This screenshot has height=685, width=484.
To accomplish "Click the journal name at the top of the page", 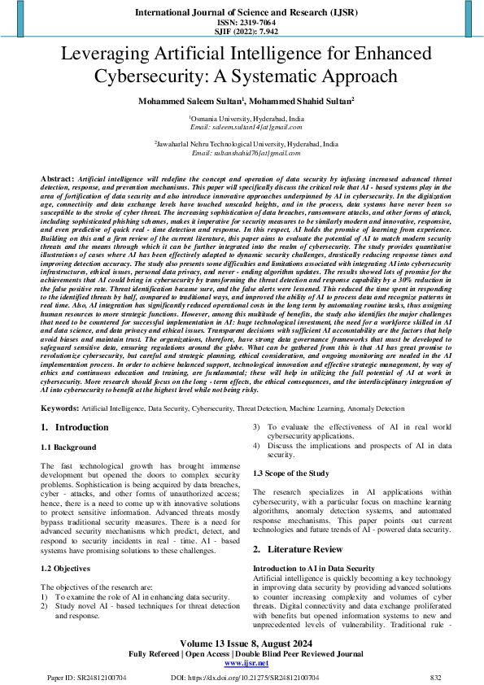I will (242, 12).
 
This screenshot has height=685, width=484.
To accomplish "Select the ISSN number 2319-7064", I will (242, 23).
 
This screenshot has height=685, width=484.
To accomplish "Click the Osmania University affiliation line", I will (242, 118).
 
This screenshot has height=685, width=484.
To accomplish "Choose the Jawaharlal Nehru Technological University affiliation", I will (242, 144).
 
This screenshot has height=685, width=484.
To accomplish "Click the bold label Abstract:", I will (57, 177).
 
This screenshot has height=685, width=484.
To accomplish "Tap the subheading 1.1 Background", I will (69, 447).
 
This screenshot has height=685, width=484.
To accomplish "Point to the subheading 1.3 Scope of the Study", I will (292, 472).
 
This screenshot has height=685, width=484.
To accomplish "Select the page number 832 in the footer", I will (435, 677).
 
